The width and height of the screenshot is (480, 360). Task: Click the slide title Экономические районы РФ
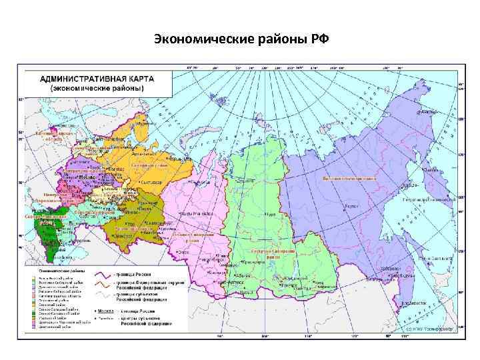click(x=241, y=38)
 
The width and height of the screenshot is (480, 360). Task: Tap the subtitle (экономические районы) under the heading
click(x=97, y=88)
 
